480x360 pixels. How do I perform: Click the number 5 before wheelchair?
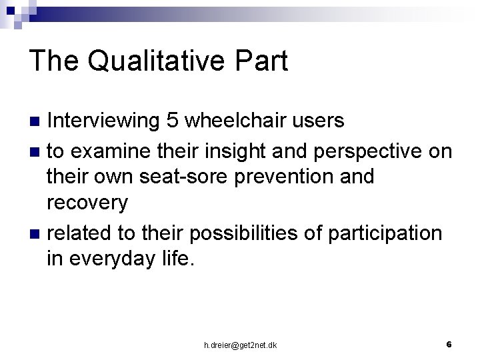173,120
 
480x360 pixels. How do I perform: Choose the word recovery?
87,203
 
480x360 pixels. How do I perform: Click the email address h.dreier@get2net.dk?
240,345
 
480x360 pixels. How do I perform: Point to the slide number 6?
449,344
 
